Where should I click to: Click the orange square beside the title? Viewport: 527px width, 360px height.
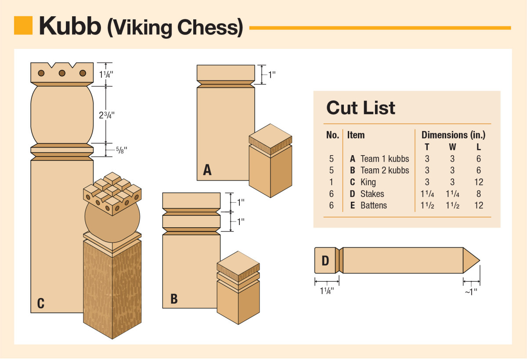(x=23, y=25)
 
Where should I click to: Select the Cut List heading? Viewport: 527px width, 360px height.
(x=361, y=108)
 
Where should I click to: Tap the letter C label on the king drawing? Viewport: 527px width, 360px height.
(x=40, y=303)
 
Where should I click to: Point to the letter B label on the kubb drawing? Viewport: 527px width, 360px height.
(x=174, y=299)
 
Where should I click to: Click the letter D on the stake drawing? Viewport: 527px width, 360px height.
(x=325, y=261)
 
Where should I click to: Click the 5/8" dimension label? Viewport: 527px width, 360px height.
(x=119, y=150)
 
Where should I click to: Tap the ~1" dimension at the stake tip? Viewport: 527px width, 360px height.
(x=471, y=291)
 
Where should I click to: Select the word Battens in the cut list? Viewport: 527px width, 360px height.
(x=373, y=205)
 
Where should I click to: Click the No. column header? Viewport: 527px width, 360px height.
(x=332, y=135)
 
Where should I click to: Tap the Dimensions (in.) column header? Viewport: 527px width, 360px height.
(x=453, y=135)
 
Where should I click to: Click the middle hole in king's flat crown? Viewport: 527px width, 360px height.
(x=62, y=73)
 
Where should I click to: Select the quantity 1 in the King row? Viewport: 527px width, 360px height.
(x=332, y=182)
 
